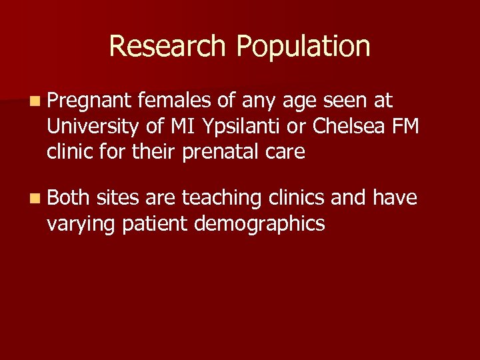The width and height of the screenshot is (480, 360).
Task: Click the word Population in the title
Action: (x=303, y=47)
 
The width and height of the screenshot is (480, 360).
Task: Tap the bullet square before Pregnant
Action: (x=34, y=102)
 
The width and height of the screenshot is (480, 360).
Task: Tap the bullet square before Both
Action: (x=34, y=199)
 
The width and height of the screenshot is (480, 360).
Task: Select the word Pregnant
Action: (x=90, y=101)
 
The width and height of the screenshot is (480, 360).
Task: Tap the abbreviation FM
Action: (x=406, y=126)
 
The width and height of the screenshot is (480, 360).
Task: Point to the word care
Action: (x=284, y=152)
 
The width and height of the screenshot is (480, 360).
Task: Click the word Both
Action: (x=69, y=197)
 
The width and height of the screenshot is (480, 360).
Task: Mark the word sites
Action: (x=118, y=197)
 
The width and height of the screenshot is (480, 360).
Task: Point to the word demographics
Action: (x=259, y=224)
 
